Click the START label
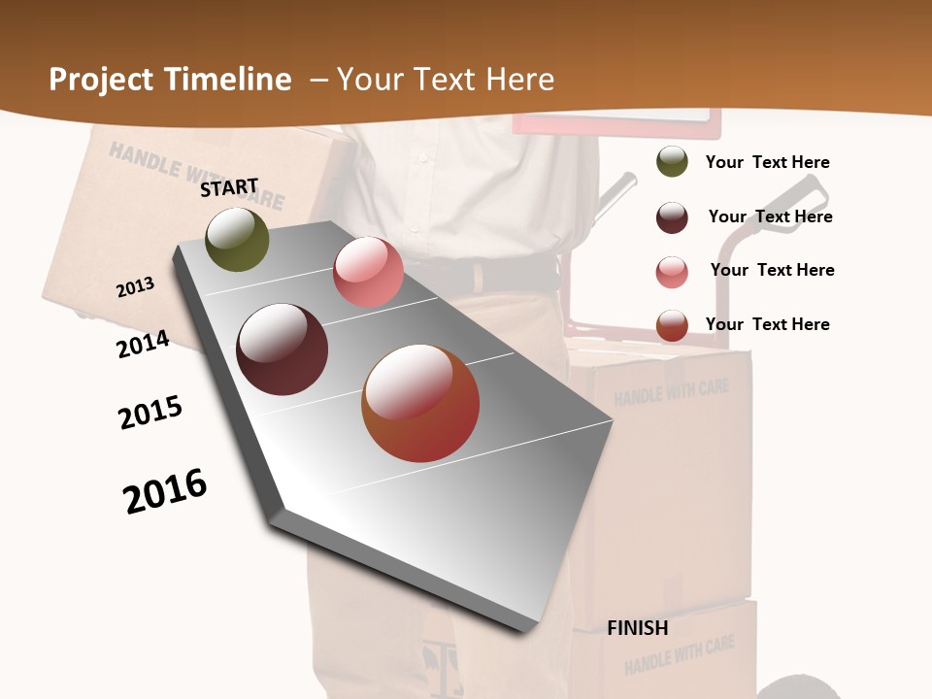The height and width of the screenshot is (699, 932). click(x=229, y=187)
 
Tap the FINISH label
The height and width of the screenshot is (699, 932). click(x=638, y=628)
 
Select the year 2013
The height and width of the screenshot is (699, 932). click(x=136, y=287)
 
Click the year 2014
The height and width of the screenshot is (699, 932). click(x=144, y=345)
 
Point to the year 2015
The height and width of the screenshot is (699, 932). click(x=150, y=413)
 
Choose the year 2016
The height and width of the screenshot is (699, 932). click(x=165, y=491)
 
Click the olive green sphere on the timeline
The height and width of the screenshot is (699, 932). click(x=238, y=240)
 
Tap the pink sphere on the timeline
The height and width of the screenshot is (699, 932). click(x=368, y=272)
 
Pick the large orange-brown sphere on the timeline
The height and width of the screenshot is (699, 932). click(x=420, y=403)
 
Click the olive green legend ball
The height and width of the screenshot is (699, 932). click(x=672, y=161)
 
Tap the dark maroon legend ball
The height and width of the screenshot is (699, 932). click(x=672, y=217)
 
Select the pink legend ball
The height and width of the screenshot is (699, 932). click(x=672, y=272)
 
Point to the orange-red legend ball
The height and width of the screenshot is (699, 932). click(x=672, y=325)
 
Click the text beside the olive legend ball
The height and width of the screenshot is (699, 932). click(x=768, y=163)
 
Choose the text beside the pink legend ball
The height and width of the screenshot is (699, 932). click(x=773, y=270)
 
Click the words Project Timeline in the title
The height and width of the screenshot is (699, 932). click(x=170, y=80)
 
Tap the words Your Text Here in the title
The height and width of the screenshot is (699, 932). click(x=446, y=80)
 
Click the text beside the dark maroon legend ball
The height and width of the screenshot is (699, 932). click(x=771, y=216)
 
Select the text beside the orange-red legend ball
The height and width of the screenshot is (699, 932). click(x=768, y=324)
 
